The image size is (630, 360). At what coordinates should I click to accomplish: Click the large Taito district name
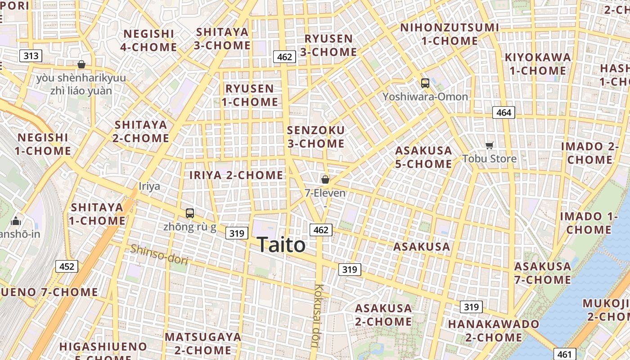point(282,245)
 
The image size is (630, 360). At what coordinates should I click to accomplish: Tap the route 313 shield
point(31,56)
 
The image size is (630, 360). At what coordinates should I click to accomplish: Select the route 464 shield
point(503,112)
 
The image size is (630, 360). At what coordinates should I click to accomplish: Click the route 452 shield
point(67,266)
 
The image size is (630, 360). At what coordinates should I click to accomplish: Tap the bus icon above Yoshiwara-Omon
point(425,83)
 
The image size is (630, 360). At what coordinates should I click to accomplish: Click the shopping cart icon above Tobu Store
point(490,145)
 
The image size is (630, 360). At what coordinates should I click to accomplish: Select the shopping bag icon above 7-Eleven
point(325,180)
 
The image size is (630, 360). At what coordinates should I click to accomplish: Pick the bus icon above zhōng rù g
point(190,213)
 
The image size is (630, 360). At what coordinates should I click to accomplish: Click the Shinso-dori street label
point(159,255)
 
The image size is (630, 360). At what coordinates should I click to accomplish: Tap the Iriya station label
point(149,186)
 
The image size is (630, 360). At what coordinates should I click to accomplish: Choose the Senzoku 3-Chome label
point(316,137)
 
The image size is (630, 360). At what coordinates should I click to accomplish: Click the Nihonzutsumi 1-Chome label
point(450,34)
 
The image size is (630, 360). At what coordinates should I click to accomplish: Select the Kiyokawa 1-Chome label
point(538,64)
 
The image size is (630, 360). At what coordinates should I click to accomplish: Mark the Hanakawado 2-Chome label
point(494,331)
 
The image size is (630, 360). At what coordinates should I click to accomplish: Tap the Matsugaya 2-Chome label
point(203,343)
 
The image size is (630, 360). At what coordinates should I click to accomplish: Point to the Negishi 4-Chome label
point(148,40)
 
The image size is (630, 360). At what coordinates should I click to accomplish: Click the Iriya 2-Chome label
point(236,175)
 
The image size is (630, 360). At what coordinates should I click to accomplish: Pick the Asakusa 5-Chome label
point(423,157)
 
